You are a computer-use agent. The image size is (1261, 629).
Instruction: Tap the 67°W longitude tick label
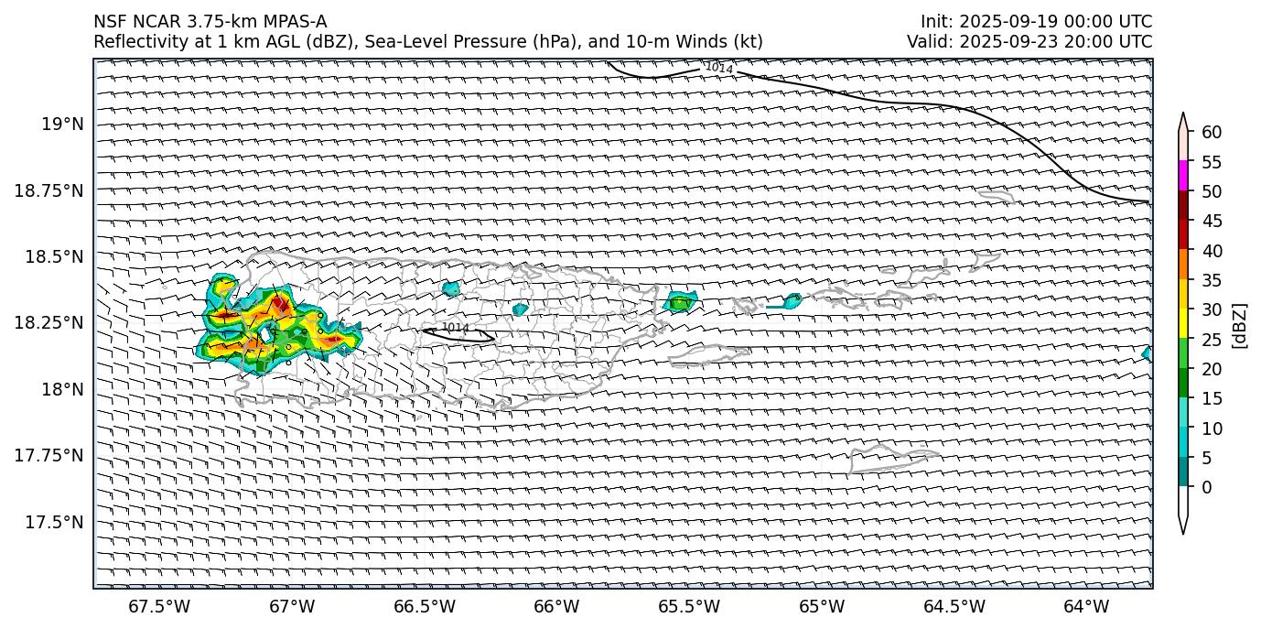point(292,606)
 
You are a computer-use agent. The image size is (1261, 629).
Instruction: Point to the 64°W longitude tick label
point(1086,606)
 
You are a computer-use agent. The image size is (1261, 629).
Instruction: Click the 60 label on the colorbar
point(1212,133)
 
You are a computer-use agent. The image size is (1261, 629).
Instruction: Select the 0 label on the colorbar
point(1206,487)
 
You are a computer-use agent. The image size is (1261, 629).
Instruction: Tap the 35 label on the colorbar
point(1212,280)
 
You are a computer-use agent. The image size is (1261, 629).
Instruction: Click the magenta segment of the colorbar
point(1183,175)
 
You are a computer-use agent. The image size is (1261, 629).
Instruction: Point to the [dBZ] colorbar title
point(1240,325)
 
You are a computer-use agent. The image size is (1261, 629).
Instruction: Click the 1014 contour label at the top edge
point(719,68)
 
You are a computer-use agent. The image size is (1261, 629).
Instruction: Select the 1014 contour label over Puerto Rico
point(455,328)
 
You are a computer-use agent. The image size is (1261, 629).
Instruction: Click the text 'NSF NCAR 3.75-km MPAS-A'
point(210,22)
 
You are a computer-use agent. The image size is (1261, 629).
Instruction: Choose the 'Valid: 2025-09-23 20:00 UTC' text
point(1029,42)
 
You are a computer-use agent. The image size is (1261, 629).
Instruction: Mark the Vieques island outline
point(709,355)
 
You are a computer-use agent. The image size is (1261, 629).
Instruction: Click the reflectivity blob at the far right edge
point(1147,353)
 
